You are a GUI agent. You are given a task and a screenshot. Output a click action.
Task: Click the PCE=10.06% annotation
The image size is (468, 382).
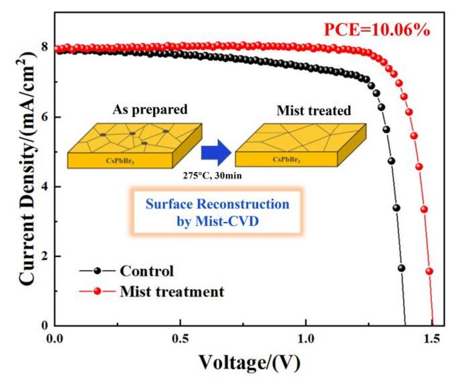382,30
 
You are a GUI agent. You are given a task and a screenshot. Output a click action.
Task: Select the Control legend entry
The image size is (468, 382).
146,272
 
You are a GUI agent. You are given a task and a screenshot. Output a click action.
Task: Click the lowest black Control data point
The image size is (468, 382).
401,268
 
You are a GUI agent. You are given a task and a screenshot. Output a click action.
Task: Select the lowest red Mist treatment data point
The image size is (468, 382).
429,271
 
